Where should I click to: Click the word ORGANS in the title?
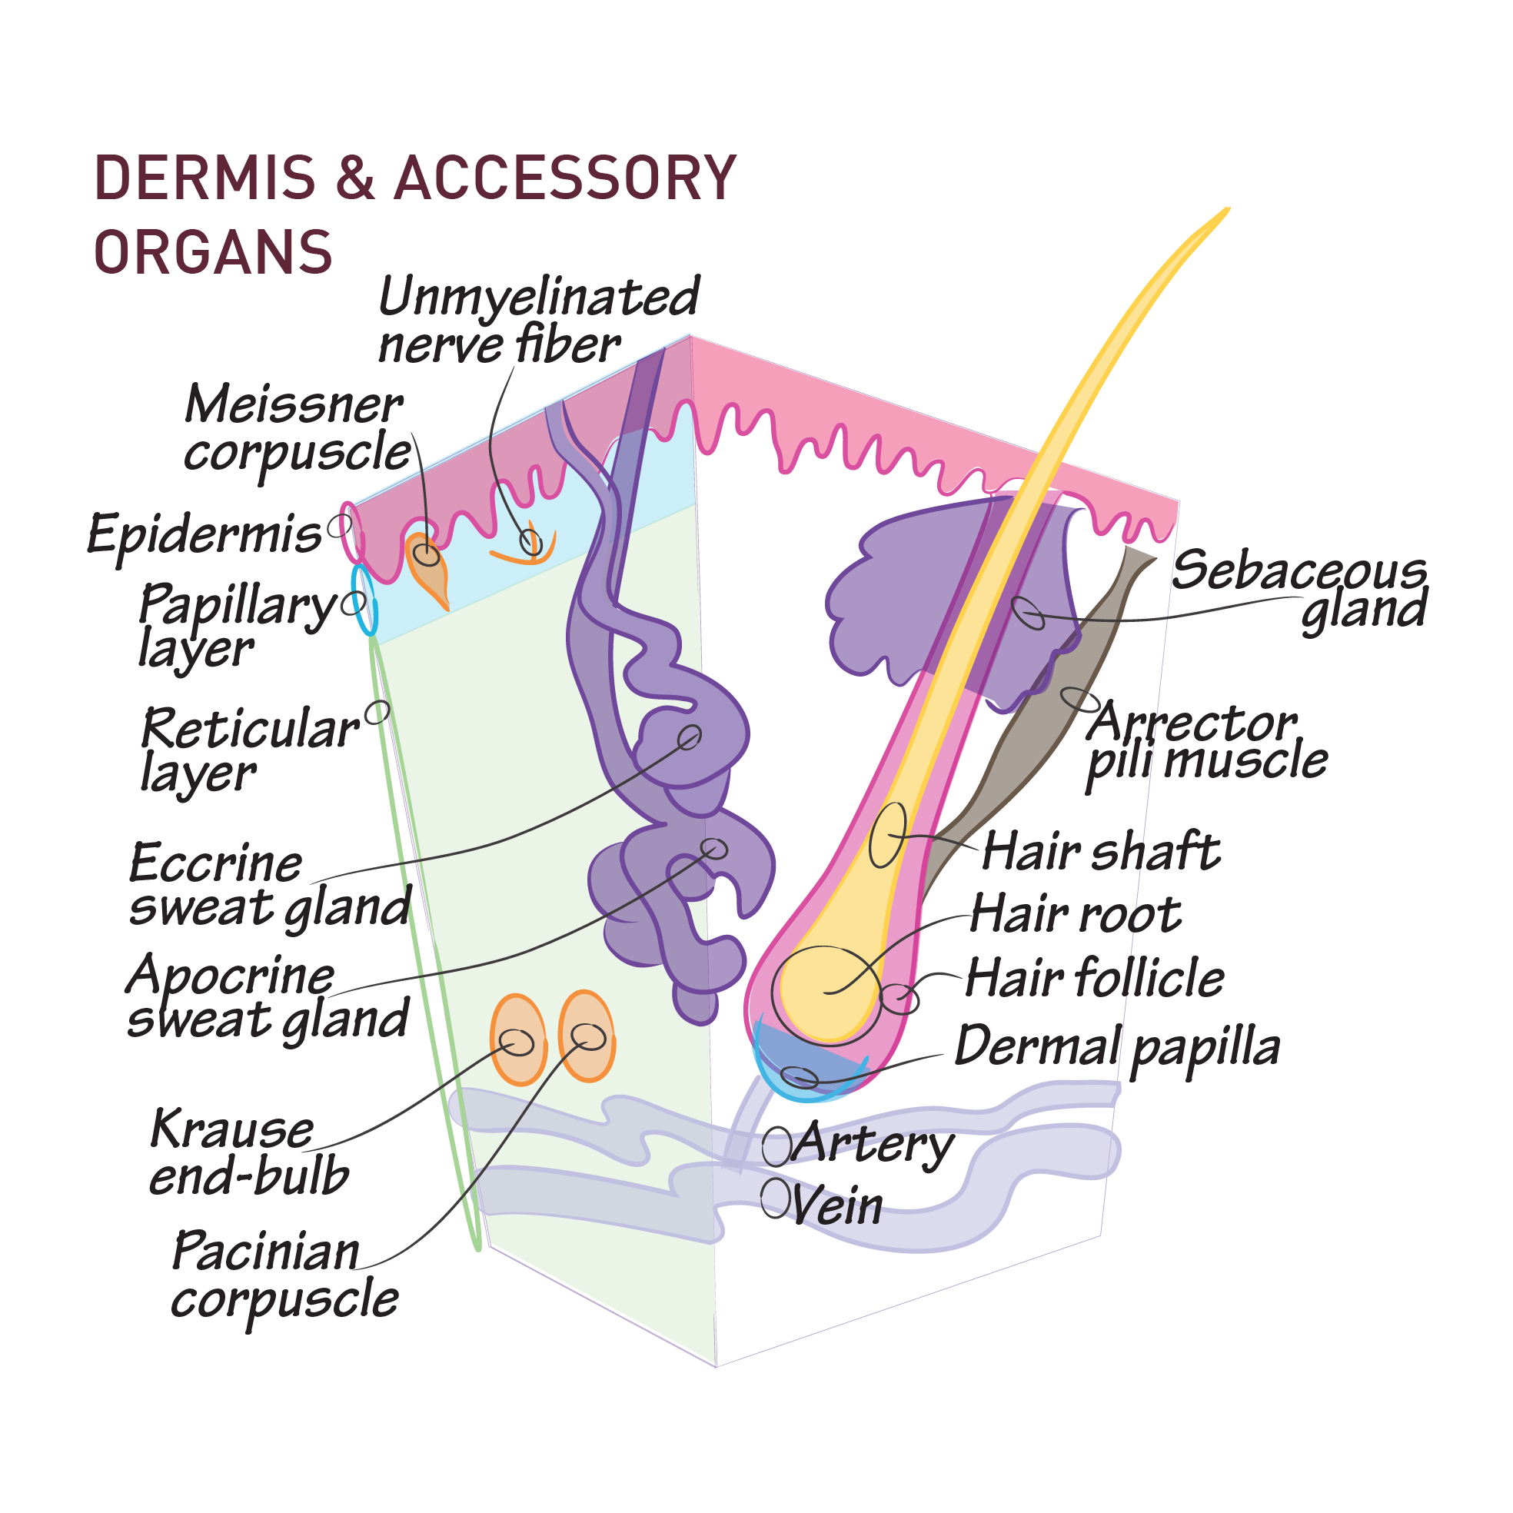[x=213, y=252]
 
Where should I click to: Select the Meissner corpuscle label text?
[x=296, y=429]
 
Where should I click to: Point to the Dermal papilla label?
[x=1116, y=1048]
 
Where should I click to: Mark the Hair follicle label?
[x=1094, y=979]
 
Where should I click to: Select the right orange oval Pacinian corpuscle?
[x=587, y=1036]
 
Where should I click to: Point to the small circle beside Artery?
[x=776, y=1146]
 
